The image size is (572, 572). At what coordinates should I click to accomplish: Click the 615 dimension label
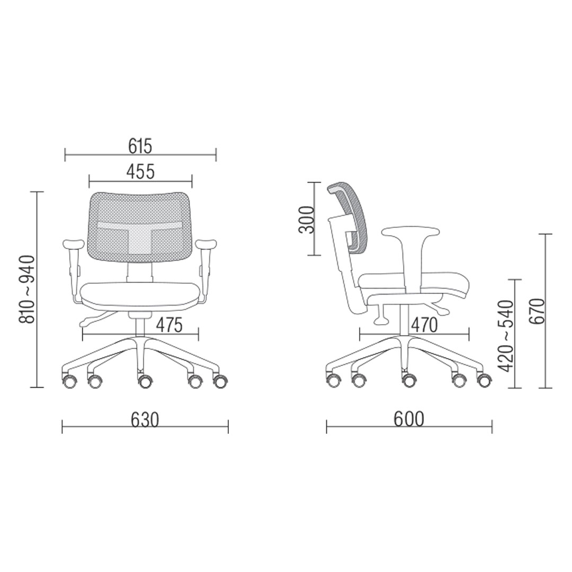140,146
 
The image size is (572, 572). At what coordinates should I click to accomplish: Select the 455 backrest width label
140,172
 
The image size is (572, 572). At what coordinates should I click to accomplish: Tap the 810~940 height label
28,290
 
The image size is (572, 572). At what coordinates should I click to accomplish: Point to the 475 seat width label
169,325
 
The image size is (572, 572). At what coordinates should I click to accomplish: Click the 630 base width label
145,419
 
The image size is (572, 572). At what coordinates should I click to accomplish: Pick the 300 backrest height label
306,220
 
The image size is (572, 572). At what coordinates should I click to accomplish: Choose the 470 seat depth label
424,325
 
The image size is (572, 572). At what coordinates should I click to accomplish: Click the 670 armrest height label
536,311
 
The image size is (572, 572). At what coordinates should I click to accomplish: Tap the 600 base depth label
409,419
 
